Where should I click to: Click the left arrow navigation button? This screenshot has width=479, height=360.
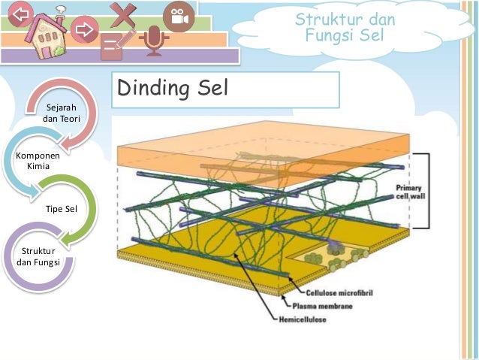point(22,13)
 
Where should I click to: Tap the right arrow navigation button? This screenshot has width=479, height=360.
point(84,31)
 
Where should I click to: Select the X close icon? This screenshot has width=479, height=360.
point(122,14)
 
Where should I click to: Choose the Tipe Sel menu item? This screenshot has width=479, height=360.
point(62,207)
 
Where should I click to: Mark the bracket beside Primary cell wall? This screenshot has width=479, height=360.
point(427,189)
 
